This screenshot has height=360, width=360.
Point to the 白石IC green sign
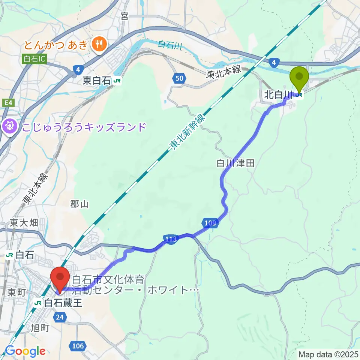point(35,59)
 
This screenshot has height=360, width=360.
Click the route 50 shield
point(179,78)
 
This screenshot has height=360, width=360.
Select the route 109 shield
point(210,223)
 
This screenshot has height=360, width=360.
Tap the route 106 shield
point(77,345)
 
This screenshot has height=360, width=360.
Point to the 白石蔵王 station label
point(63,302)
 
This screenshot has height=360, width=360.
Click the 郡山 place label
point(79,204)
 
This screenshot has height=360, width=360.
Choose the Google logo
point(25,351)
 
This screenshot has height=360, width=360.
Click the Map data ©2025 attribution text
point(328,354)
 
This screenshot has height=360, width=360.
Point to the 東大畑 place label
point(24,223)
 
